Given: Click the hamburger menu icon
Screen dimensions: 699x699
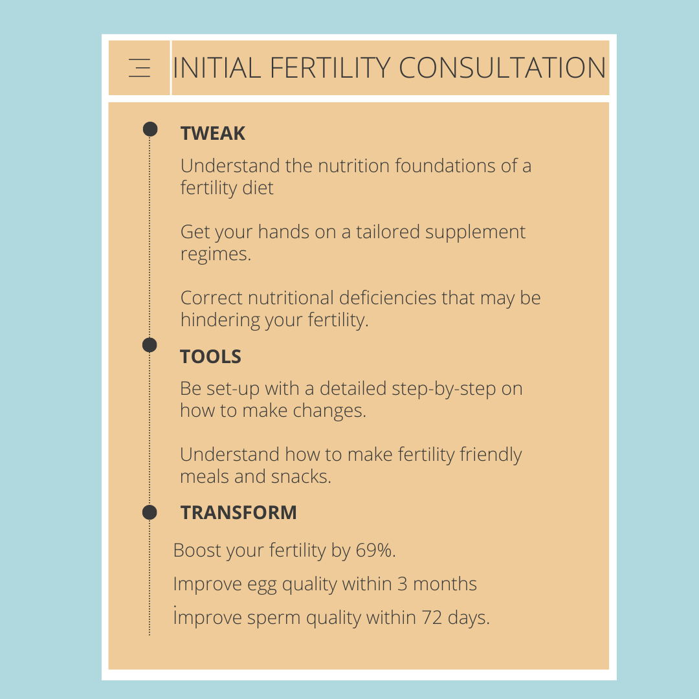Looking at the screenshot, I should click(139, 68).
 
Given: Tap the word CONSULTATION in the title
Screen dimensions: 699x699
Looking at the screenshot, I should click(502, 68).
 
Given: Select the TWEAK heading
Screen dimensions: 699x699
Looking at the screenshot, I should click(213, 133).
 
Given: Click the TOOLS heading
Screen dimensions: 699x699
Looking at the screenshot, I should click(211, 357).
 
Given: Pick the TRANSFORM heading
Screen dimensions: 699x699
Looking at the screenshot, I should click(239, 513).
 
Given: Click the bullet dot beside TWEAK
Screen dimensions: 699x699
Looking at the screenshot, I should click(150, 129).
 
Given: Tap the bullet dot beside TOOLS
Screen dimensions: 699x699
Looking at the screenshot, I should click(150, 345).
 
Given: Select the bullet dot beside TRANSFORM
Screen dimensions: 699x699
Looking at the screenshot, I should click(150, 513).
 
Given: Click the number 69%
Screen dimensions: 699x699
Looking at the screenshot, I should click(375, 551).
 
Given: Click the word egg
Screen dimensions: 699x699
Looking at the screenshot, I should click(262, 585).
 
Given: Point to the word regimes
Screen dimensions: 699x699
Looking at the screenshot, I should click(215, 254).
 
